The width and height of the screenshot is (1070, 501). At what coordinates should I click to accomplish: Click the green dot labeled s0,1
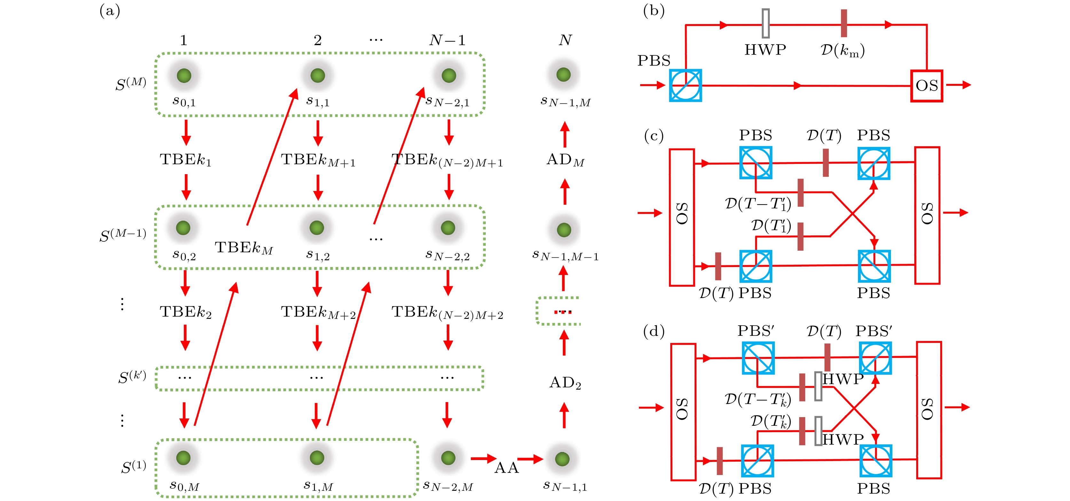click(184, 76)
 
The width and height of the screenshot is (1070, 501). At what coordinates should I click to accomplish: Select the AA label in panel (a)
click(506, 468)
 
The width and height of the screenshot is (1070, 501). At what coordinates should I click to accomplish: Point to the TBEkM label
click(244, 248)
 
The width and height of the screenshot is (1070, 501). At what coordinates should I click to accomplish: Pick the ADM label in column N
click(565, 160)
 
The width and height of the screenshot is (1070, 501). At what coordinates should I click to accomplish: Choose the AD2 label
click(565, 383)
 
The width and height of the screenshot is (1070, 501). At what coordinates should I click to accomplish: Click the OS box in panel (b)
click(926, 86)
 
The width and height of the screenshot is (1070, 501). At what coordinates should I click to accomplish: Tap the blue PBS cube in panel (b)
click(685, 86)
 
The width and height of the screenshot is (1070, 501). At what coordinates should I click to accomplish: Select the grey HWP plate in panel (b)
click(766, 24)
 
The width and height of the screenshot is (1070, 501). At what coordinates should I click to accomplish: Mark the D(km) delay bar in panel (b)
click(844, 23)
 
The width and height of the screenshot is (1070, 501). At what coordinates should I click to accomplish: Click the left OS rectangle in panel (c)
click(682, 217)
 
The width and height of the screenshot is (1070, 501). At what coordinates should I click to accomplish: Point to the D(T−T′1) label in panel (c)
click(758, 204)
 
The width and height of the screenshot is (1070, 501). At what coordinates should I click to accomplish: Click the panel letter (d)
click(653, 331)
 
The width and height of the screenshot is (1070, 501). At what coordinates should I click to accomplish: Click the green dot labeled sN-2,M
click(448, 458)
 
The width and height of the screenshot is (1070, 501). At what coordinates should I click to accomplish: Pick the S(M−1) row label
click(122, 235)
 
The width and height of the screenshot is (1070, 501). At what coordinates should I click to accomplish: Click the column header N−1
click(447, 40)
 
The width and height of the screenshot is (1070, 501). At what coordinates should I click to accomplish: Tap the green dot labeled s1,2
click(317, 228)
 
